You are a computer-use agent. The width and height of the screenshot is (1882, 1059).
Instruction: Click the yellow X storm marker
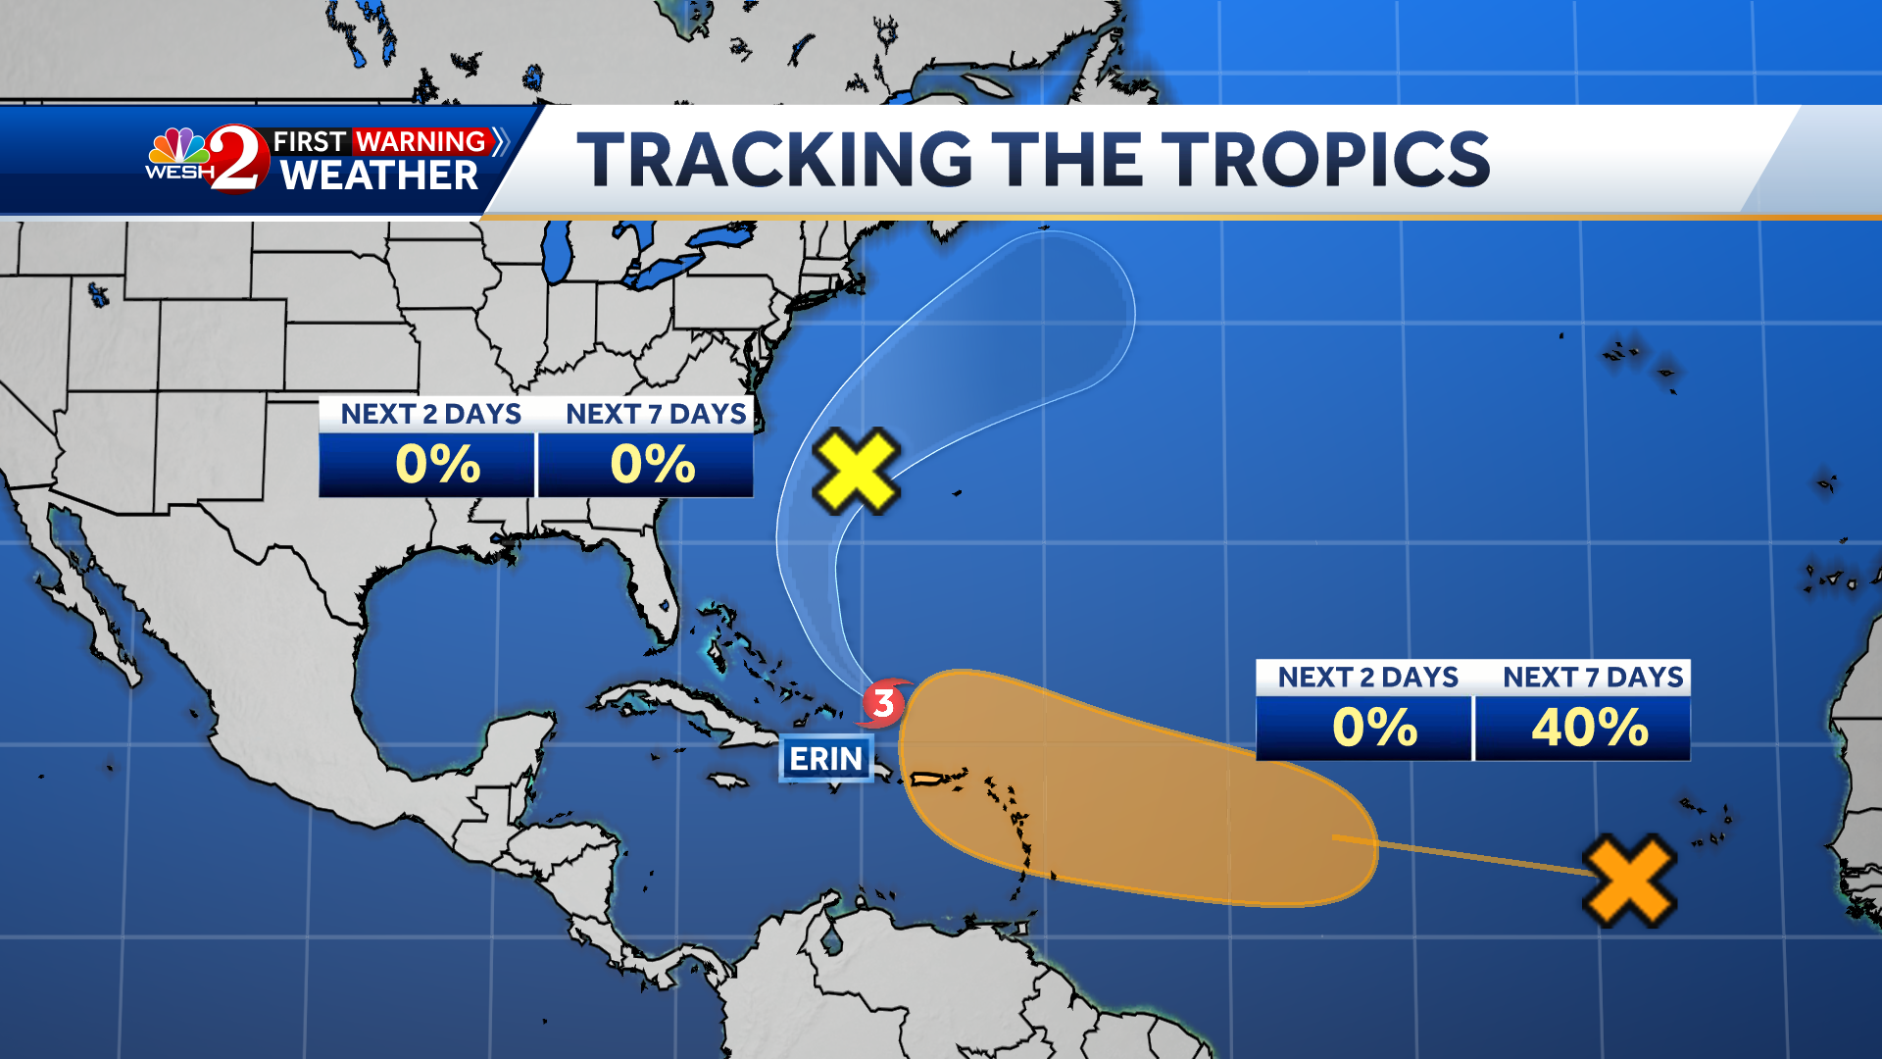856,471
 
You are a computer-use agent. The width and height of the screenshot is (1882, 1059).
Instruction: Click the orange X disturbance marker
1629,881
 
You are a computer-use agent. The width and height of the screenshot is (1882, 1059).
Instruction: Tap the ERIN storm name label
825,759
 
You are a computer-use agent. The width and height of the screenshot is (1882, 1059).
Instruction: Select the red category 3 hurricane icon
884,703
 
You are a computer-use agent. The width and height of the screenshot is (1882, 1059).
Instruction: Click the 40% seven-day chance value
1589,728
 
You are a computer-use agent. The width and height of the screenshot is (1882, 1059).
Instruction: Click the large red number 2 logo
238,159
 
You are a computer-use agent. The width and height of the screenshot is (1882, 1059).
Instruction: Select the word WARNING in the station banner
421,141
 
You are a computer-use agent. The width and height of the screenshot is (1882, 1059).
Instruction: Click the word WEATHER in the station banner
379,176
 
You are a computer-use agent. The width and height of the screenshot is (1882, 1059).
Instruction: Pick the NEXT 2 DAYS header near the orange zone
1367,678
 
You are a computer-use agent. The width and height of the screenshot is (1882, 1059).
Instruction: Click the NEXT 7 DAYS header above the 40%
1592,678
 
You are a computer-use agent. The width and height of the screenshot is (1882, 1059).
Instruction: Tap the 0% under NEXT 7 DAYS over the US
652,465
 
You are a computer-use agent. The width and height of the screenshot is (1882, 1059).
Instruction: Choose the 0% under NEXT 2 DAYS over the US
437,465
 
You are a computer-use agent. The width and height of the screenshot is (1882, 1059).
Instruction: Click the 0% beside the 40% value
1374,728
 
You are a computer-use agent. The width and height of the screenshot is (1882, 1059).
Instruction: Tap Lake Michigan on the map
557,250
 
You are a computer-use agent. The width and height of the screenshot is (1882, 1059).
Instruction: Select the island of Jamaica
727,781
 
